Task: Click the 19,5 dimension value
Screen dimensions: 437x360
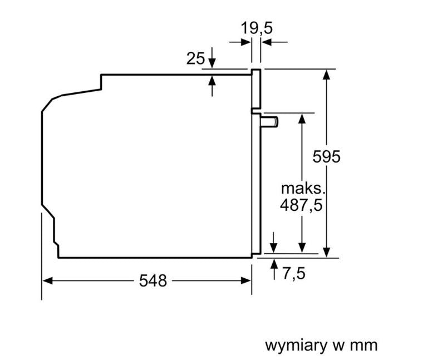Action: (x=257, y=28)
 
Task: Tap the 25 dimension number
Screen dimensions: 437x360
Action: (x=195, y=58)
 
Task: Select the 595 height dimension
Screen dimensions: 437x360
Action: (x=326, y=156)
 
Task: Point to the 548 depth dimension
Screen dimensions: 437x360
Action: (x=153, y=280)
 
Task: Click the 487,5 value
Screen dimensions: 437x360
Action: (x=301, y=205)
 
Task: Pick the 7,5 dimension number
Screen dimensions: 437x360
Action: (x=294, y=273)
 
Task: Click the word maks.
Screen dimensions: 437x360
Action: (x=303, y=189)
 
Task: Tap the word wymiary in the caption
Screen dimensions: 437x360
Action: (x=296, y=346)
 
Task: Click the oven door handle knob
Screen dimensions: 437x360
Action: (x=269, y=122)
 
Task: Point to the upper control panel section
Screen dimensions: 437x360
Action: (x=256, y=88)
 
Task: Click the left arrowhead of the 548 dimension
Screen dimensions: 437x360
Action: (x=47, y=280)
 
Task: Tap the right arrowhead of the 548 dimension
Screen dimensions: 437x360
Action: (x=247, y=280)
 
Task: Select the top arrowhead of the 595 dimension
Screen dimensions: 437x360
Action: (x=327, y=74)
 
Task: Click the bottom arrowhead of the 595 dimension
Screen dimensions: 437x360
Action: (x=327, y=252)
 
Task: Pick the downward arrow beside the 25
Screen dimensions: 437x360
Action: (x=212, y=58)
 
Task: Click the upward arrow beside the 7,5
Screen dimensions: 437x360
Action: (x=274, y=269)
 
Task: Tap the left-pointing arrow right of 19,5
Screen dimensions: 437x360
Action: (x=274, y=42)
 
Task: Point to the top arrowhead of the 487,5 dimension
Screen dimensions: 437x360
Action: (x=302, y=119)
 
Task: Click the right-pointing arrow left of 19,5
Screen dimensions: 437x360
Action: (x=240, y=42)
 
